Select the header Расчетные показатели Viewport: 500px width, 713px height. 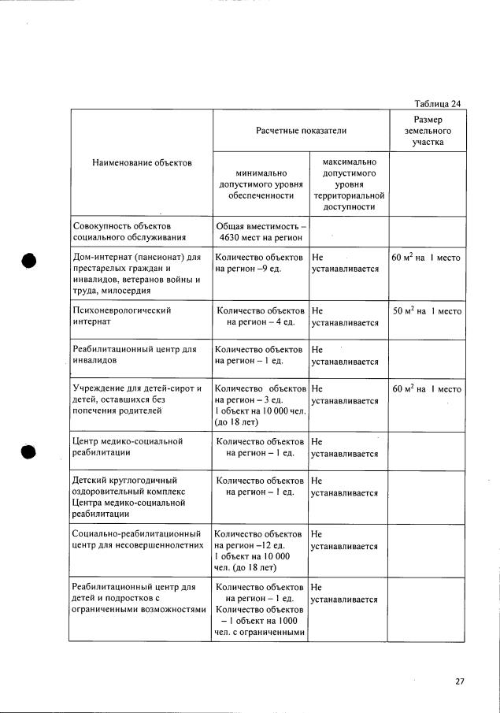point(301,130)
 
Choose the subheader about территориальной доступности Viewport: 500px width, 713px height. point(348,184)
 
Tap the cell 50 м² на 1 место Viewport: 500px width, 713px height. point(426,311)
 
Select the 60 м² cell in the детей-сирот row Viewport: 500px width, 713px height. point(426,389)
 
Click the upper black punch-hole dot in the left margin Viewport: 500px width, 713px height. point(30,262)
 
